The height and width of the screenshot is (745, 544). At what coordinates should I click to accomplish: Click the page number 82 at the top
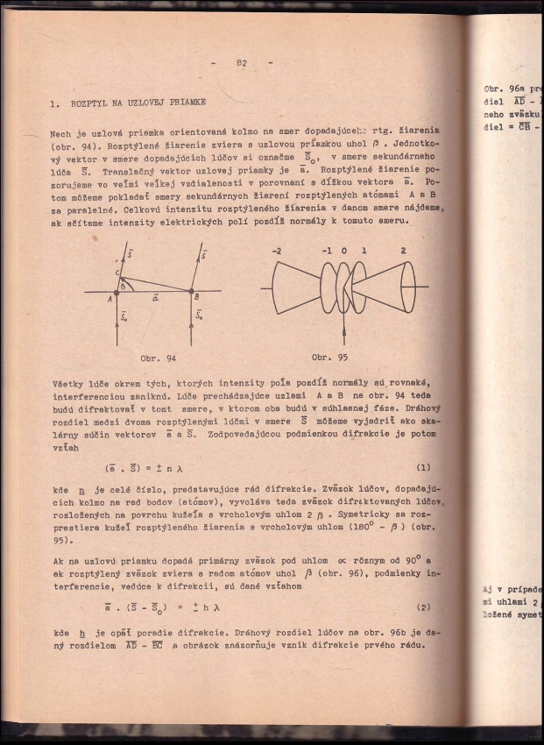[x=242, y=62]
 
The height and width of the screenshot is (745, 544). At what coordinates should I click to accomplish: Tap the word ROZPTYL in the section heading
[x=91, y=103]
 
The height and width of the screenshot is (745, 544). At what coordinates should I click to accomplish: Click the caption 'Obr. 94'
[x=158, y=358]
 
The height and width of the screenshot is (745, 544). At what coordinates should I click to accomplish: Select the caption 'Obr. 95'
[x=329, y=358]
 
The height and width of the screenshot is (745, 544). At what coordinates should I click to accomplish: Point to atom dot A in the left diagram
[x=117, y=291]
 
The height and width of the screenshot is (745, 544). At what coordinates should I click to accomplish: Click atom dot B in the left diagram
[x=192, y=291]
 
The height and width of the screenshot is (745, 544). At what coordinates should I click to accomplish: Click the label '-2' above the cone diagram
[x=277, y=251]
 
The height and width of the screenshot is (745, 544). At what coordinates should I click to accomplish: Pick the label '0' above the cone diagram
[x=343, y=251]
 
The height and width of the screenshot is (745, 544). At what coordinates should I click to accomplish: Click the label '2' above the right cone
[x=404, y=251]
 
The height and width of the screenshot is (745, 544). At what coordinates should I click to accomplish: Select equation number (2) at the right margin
[x=422, y=607]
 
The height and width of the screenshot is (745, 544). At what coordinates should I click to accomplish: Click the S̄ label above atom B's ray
[x=203, y=256]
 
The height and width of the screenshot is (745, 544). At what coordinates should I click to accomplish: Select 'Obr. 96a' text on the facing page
[x=504, y=89]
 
